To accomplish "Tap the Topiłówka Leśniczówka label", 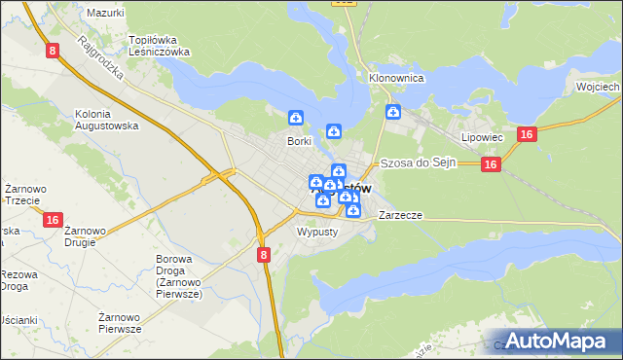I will coord(159,47).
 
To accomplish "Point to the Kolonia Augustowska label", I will coord(106,120).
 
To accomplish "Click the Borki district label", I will coord(298,141).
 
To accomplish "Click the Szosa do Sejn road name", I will coord(419,162).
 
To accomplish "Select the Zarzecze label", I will coord(400,214).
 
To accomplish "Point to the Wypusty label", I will coord(315,233).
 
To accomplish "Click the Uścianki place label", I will coord(18,320).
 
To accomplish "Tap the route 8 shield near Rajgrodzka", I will coord(52,49).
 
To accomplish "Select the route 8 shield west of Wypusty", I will coord(264,254).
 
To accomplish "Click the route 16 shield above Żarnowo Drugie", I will coord(53,221).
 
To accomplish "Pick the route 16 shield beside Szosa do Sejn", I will coord(490,165).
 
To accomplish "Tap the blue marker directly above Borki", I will coord(295,118).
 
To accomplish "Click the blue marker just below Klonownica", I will coord(392,112).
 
